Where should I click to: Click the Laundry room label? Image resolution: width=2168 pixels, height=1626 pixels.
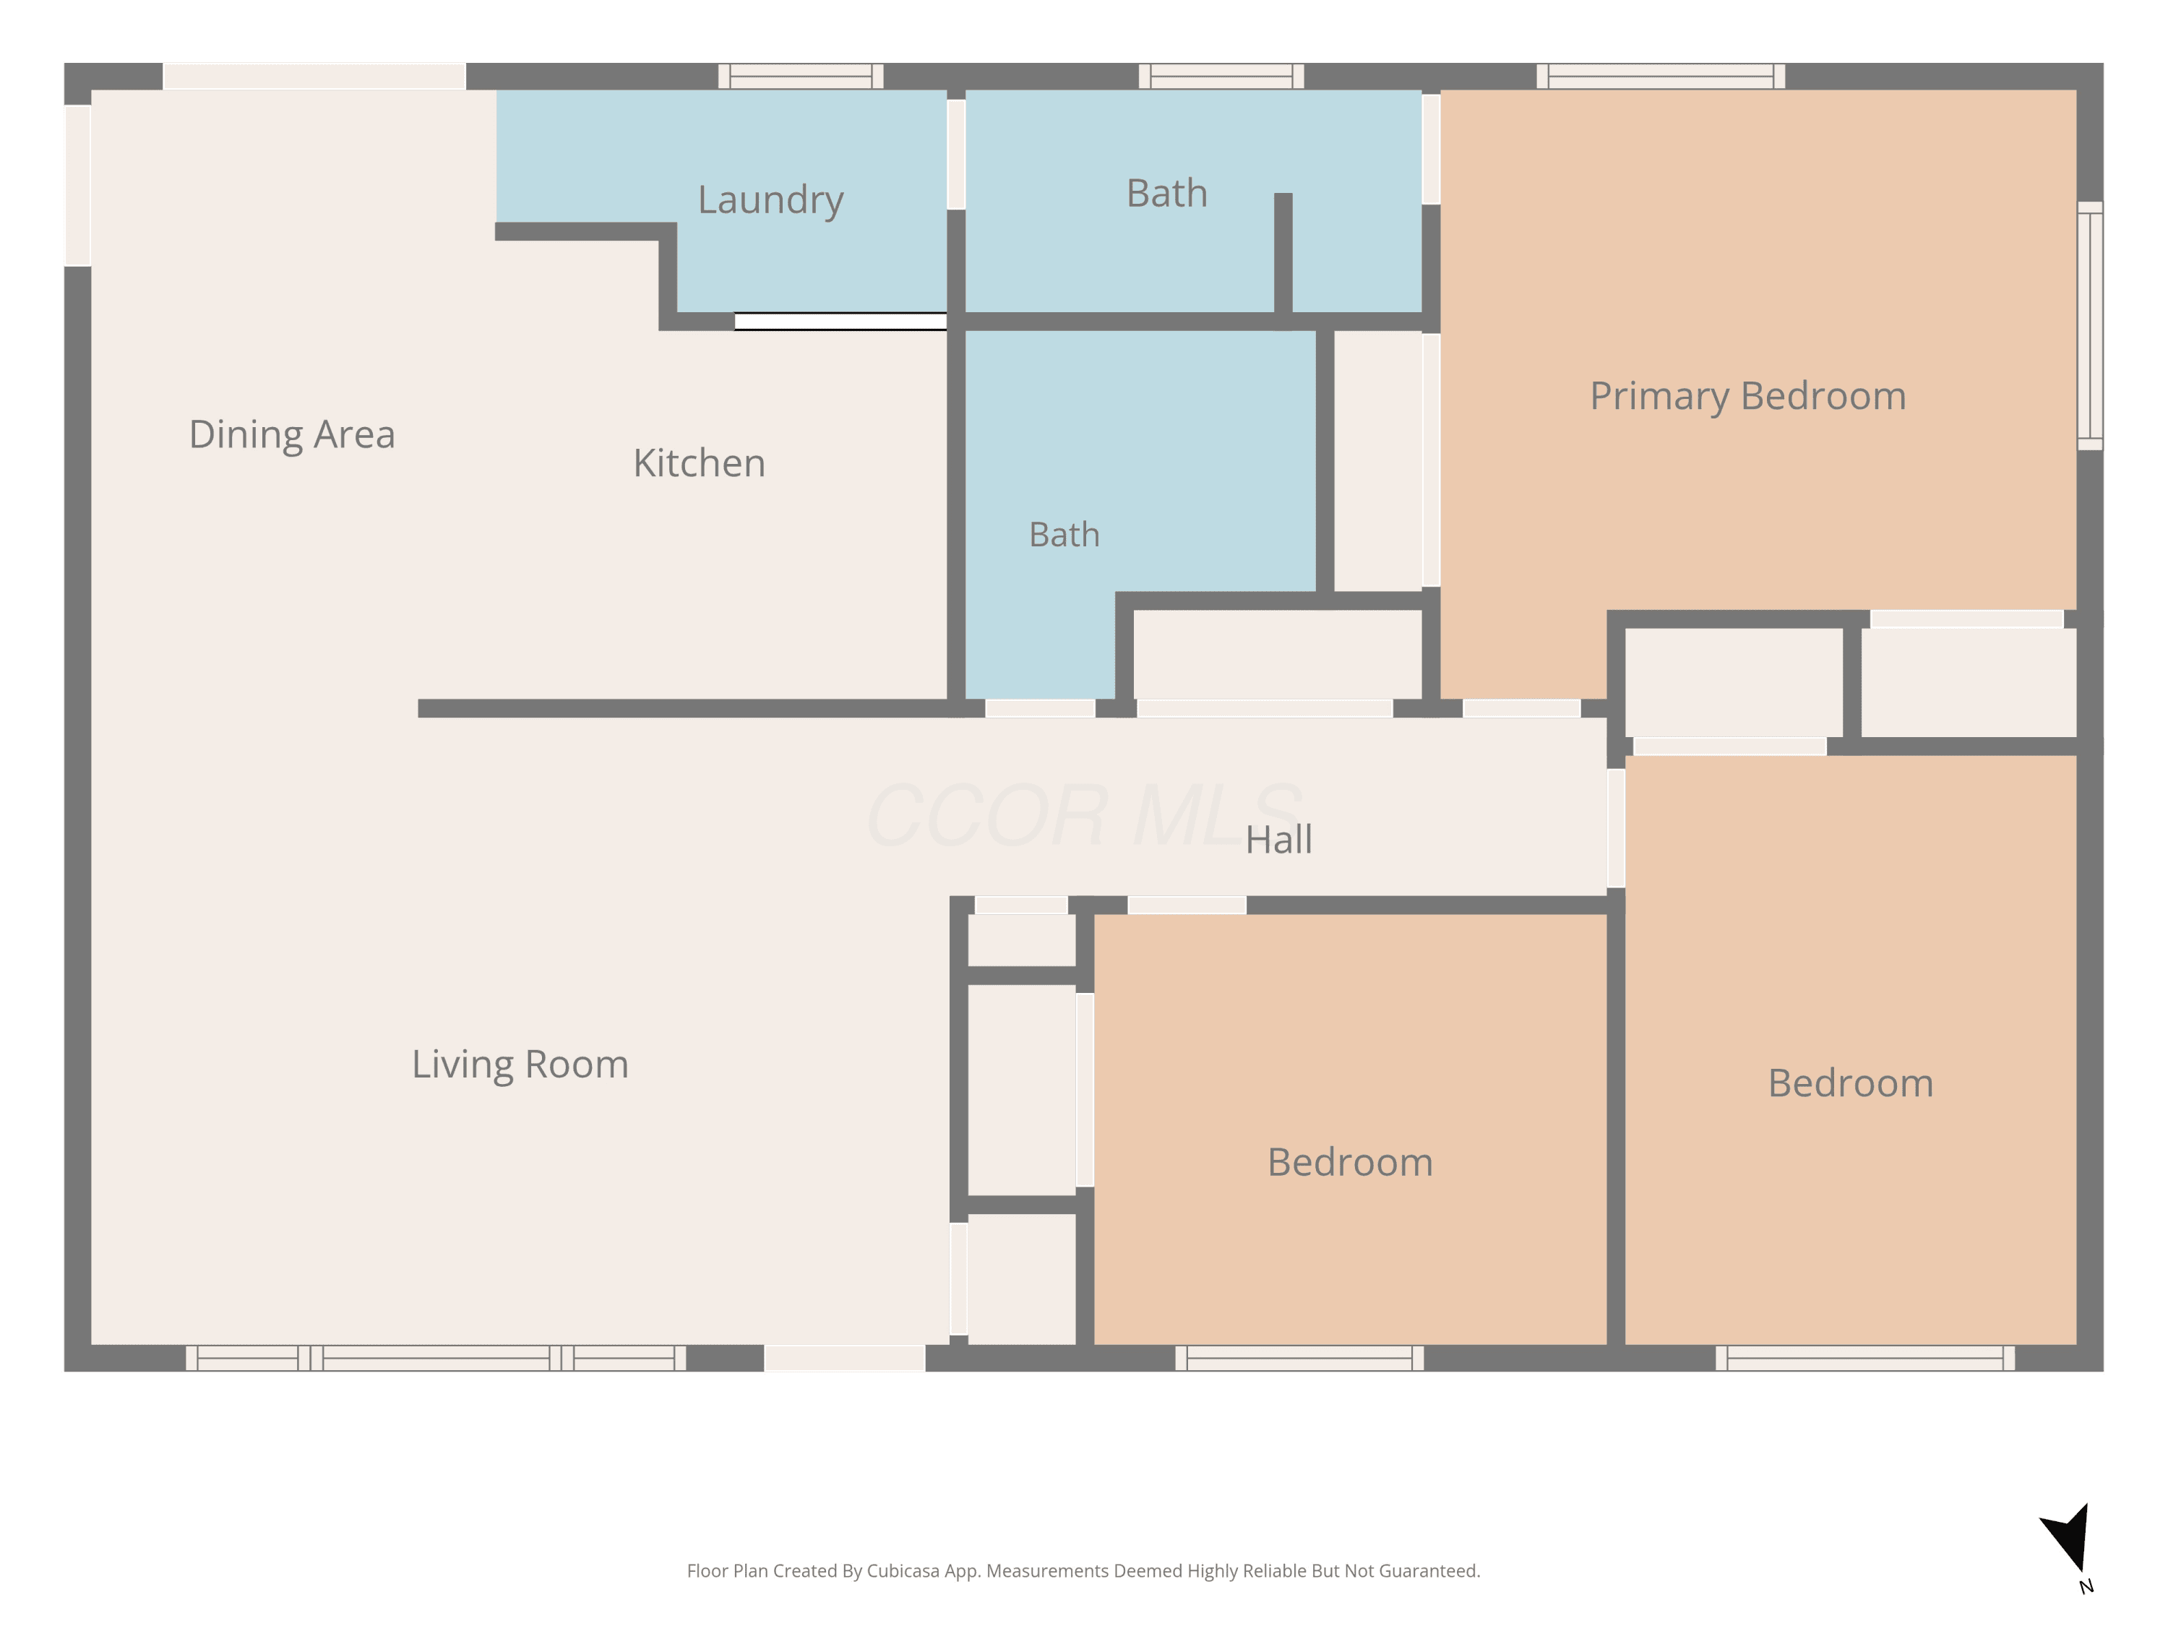(x=770, y=201)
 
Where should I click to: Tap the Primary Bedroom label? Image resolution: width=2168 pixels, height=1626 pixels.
(x=1747, y=397)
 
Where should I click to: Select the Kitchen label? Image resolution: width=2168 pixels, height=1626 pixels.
(x=699, y=463)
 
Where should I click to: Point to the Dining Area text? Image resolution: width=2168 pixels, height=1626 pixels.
(x=292, y=434)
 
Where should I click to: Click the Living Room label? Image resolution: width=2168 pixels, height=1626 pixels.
(x=520, y=1065)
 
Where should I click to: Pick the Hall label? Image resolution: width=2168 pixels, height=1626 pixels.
(x=1278, y=840)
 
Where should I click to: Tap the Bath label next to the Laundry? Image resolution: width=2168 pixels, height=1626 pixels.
(x=1166, y=193)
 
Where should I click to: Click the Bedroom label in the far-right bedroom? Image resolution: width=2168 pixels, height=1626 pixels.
(x=1851, y=1084)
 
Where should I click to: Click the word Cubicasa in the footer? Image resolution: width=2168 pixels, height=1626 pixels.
(x=903, y=1571)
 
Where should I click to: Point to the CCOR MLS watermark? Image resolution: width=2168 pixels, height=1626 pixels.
(x=1084, y=814)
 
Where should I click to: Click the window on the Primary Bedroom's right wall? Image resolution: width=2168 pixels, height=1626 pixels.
(x=2090, y=325)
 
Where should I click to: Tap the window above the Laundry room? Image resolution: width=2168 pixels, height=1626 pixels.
(x=801, y=77)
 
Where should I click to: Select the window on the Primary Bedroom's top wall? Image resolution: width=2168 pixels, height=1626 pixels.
(x=1660, y=77)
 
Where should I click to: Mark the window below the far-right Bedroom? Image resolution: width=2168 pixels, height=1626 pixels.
(x=1865, y=1357)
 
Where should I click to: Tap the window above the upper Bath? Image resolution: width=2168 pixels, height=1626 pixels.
(x=1221, y=77)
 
